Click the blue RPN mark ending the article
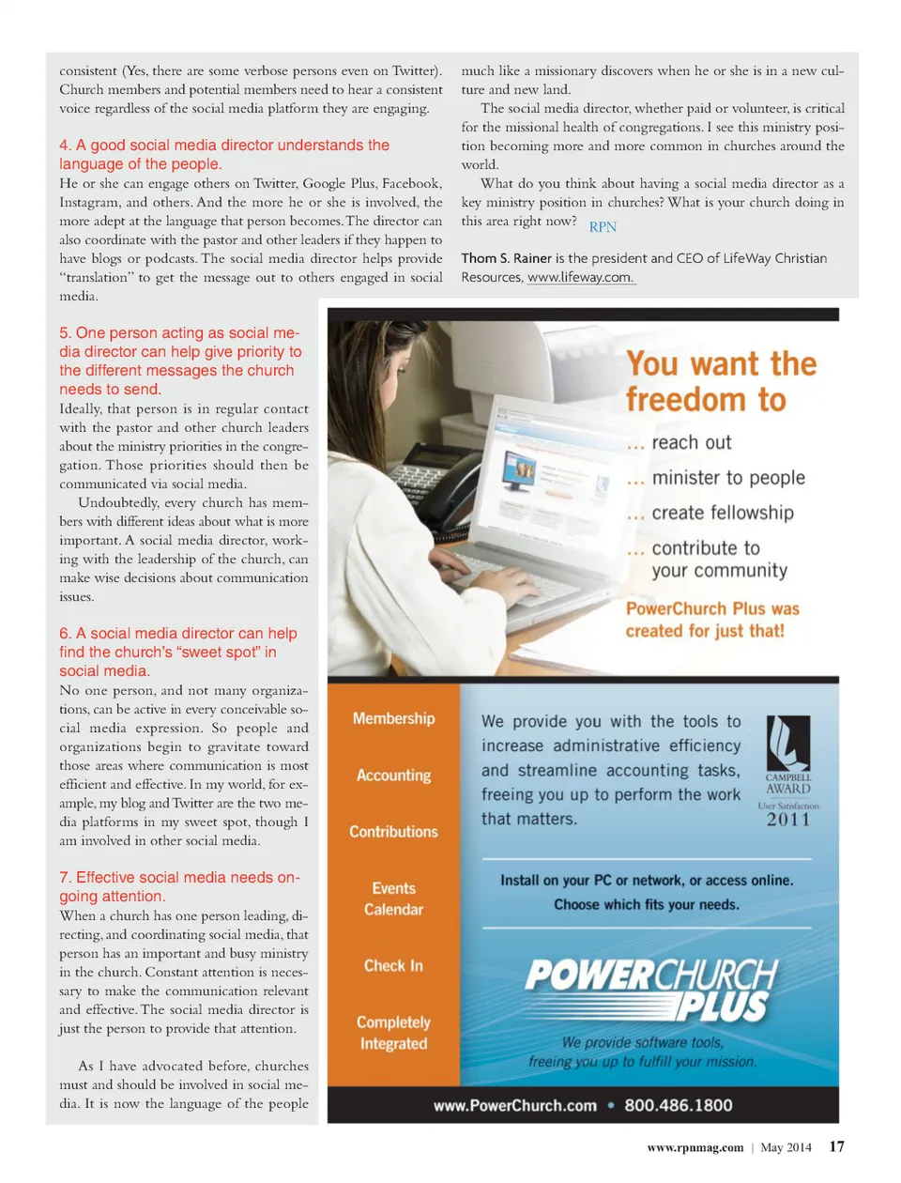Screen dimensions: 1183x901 pos(603,227)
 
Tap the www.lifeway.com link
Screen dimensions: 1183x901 pos(580,278)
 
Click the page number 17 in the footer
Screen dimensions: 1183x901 pos(836,1146)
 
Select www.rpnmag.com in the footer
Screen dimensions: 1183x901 pos(695,1147)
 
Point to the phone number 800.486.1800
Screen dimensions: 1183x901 pos(678,1105)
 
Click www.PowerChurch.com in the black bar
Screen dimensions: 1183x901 pos(514,1105)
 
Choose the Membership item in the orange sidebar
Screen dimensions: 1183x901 pos(393,718)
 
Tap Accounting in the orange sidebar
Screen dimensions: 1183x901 pos(393,776)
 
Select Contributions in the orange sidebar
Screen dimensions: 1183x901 pos(393,832)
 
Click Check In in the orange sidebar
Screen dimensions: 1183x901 pos(393,965)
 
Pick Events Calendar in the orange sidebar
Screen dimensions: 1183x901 pos(393,899)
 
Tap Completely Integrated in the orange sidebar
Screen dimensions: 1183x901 pos(393,1033)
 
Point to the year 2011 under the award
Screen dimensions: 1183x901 pos(787,820)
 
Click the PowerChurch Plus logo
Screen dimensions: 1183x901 pos(651,990)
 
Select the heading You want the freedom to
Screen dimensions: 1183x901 pos(721,381)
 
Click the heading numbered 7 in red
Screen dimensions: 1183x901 pos(179,886)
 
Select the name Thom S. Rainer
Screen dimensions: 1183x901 pos(506,258)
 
